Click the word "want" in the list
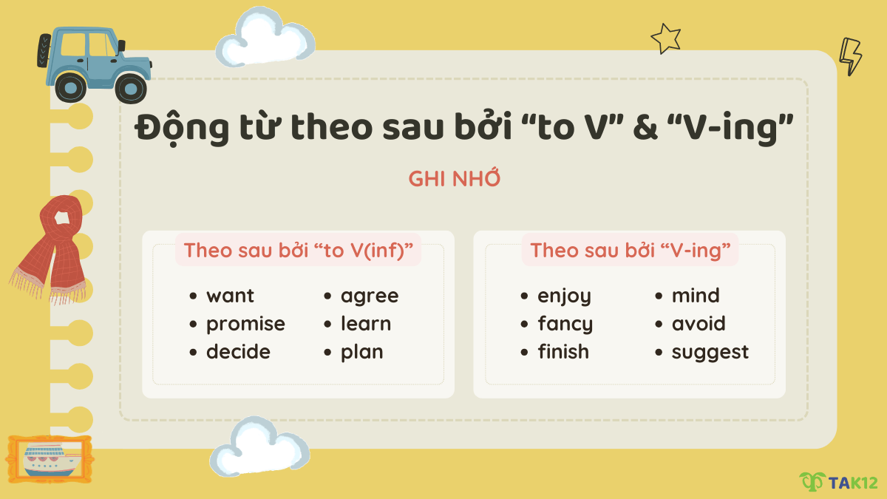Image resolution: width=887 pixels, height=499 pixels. tap(230, 296)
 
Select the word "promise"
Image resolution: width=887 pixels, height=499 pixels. tap(245, 325)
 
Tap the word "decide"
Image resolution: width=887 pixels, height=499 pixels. tap(238, 352)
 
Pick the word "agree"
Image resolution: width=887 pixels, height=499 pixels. tap(370, 296)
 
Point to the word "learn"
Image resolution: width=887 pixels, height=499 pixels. tap(366, 324)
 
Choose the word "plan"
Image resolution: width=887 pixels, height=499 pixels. tap(362, 353)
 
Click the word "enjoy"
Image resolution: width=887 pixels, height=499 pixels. tap(565, 296)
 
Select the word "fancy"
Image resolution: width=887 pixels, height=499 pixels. tap(565, 325)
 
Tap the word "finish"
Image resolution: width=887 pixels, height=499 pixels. tap(563, 352)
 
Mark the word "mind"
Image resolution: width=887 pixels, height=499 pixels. tap(696, 296)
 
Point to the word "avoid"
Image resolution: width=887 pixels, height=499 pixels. tap(699, 324)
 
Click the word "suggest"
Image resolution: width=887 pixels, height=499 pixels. tap(710, 353)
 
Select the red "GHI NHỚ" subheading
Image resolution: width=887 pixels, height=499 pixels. tap(455, 179)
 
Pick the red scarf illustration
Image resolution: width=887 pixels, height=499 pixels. tap(52, 248)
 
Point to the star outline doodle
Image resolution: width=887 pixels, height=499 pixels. tap(665, 38)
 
